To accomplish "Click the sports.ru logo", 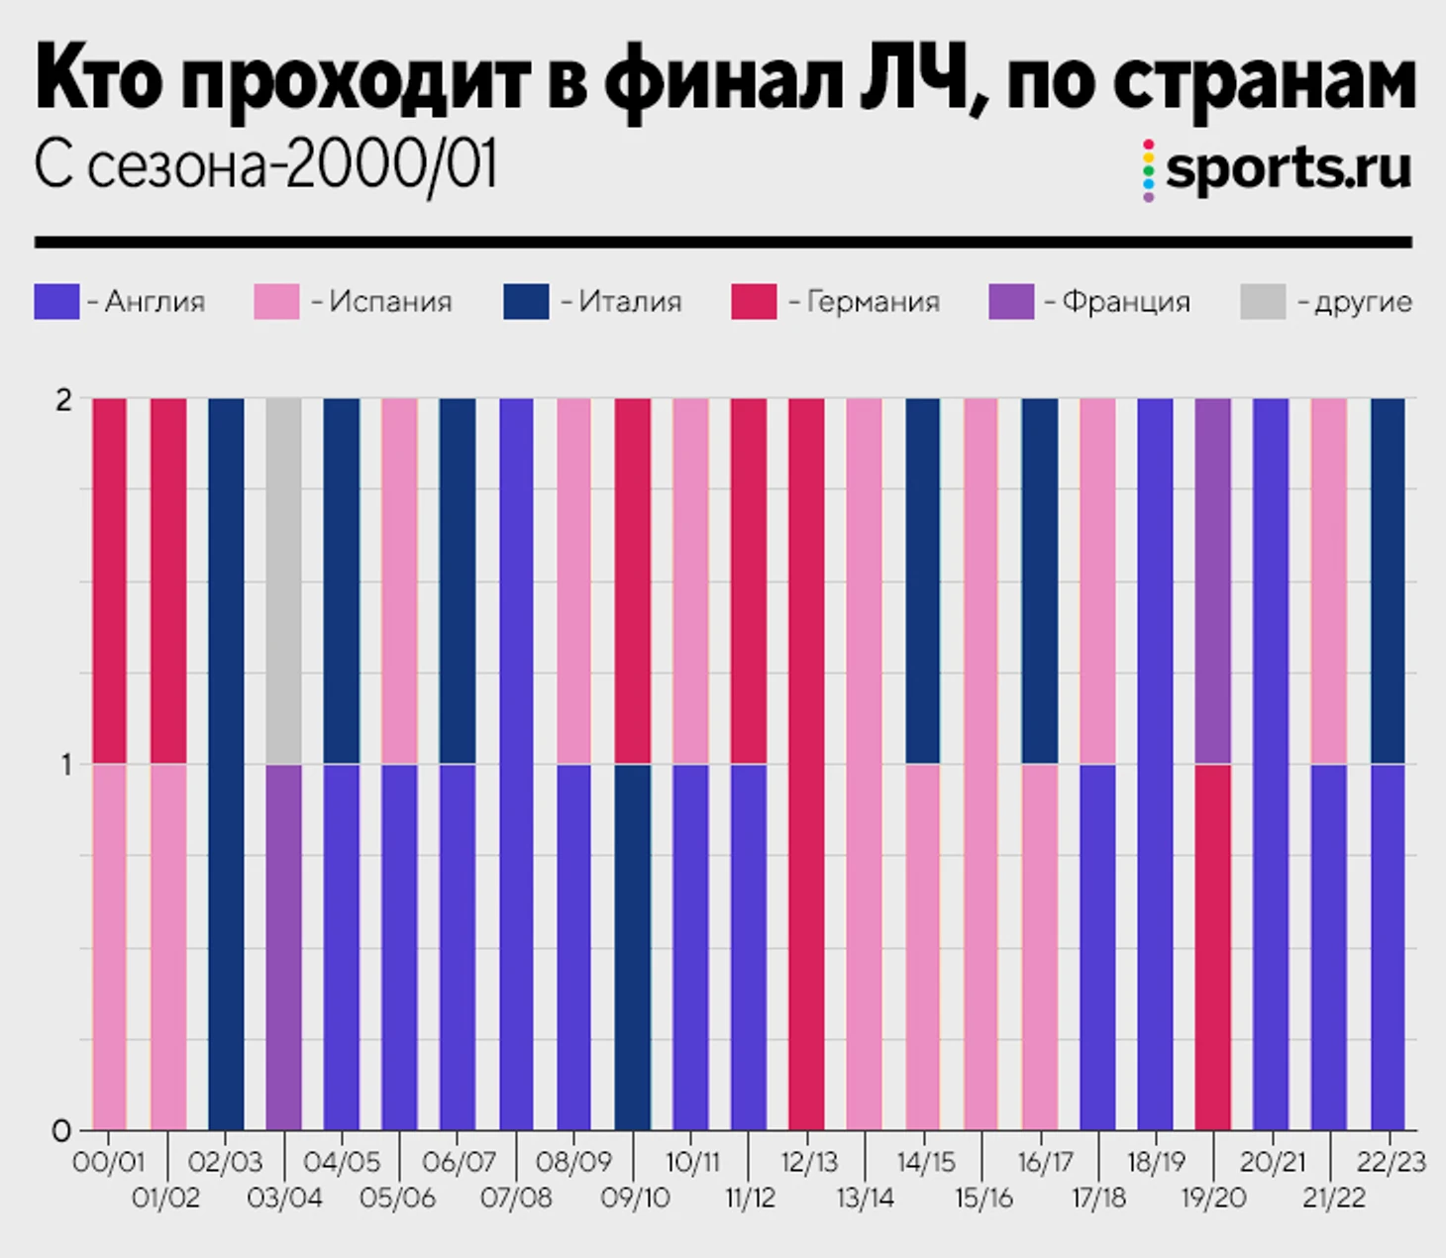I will click(x=1278, y=168).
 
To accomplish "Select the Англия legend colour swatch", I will click(x=56, y=301).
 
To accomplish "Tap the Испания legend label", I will click(x=390, y=301).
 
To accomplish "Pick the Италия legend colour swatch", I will click(x=526, y=301).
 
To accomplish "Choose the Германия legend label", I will click(x=873, y=301).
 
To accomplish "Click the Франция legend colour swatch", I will click(x=1011, y=301).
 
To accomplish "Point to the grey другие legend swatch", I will click(x=1263, y=301).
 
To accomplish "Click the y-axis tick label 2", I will click(x=64, y=400).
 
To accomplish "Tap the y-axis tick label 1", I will click(x=66, y=765).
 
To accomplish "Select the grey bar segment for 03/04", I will click(x=283, y=580).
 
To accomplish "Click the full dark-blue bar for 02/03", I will click(x=226, y=763).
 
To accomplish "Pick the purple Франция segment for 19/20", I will click(x=1213, y=580).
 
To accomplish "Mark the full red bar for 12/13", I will click(x=806, y=763).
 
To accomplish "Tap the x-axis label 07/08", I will click(x=516, y=1199).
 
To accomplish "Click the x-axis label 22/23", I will click(x=1391, y=1162).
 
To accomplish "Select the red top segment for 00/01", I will click(x=109, y=580).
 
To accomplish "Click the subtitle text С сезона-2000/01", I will click(x=265, y=165).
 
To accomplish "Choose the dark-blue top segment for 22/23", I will click(x=1388, y=580).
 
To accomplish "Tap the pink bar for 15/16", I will click(x=980, y=763).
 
